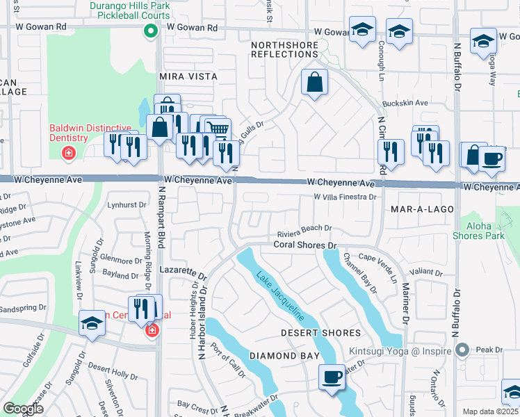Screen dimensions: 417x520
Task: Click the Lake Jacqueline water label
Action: point(279,295)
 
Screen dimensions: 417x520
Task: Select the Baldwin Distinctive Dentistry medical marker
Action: point(68,153)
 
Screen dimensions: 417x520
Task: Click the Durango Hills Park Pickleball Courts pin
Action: point(149,31)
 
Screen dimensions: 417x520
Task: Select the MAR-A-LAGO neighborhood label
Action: point(422,208)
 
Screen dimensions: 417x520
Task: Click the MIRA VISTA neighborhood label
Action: point(188,76)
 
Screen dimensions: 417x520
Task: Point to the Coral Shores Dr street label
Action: point(304,245)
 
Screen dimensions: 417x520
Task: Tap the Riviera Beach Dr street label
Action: point(304,228)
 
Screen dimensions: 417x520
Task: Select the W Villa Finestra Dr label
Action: point(345,197)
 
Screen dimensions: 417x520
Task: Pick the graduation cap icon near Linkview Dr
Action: point(92,325)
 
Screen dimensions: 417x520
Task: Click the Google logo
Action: point(23,409)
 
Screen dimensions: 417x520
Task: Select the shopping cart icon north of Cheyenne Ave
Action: point(218,129)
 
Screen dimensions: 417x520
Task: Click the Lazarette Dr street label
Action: point(184,271)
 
